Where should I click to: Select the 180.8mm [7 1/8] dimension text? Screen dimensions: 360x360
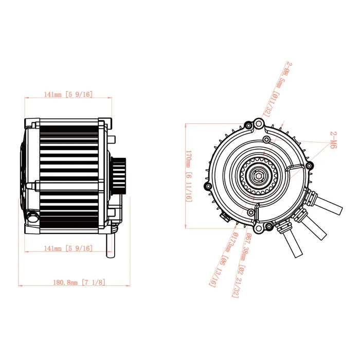[x=79, y=282]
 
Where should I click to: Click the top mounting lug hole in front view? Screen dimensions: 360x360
[x=259, y=122]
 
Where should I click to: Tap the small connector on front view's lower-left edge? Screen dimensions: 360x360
[x=225, y=216]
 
